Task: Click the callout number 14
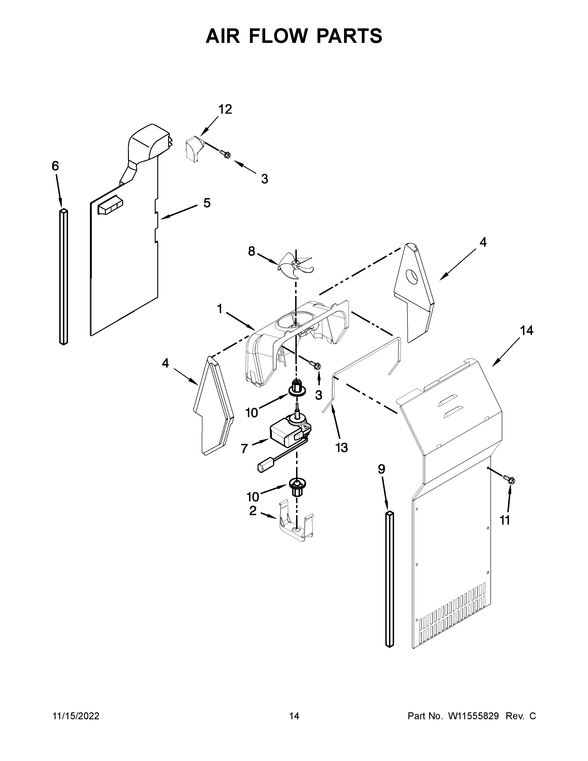pos(526,330)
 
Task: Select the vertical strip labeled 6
pos(63,277)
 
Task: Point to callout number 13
pos(342,448)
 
